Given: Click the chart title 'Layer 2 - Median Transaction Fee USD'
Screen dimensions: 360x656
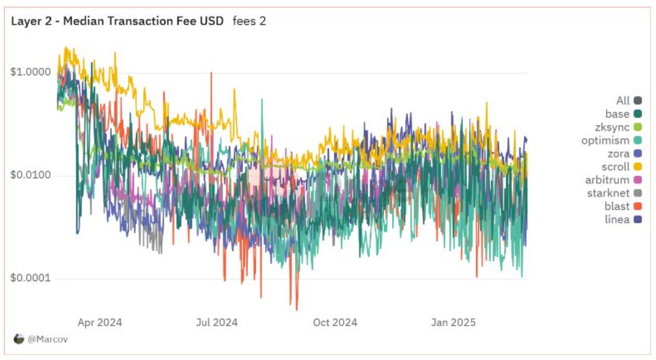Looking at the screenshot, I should [117, 22].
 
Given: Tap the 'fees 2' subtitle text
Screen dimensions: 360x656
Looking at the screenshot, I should [249, 22].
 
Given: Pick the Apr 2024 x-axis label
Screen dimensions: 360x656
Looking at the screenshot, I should [100, 322].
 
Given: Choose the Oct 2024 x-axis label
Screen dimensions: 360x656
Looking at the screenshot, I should [335, 322].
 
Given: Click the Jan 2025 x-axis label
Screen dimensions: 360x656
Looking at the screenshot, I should [453, 322].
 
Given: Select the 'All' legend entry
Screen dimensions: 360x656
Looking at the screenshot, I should [629, 101].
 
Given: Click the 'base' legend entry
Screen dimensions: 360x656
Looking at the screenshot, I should [623, 114].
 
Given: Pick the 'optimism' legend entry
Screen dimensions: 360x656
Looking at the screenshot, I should [612, 140].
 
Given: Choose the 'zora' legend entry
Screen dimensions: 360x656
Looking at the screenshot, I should [623, 154].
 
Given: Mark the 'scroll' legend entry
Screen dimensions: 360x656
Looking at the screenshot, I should [621, 167].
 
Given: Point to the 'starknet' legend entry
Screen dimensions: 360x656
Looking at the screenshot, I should [614, 193].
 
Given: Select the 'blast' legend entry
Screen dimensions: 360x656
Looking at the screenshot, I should [623, 206].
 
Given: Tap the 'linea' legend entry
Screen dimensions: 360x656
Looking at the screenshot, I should [623, 220].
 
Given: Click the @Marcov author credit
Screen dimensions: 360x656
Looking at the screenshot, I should [41, 339].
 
